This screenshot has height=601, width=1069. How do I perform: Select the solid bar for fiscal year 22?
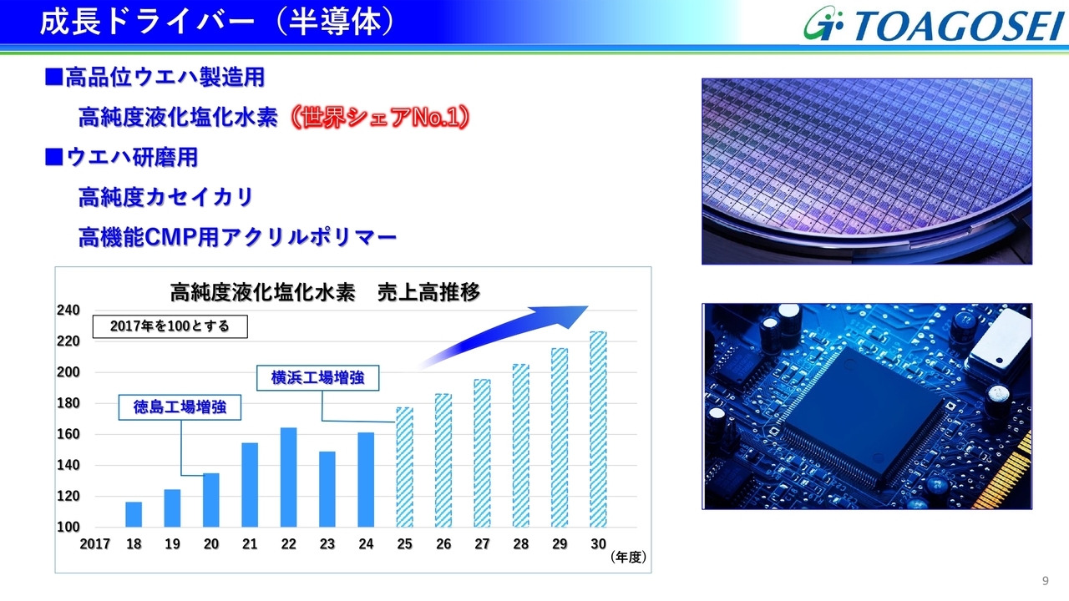click(x=288, y=477)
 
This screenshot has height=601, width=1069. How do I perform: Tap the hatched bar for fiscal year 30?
click(x=598, y=429)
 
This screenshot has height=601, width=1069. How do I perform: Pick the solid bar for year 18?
click(x=134, y=514)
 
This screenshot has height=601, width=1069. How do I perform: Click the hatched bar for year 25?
click(x=405, y=467)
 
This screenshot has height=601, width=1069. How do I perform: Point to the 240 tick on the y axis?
click(x=68, y=310)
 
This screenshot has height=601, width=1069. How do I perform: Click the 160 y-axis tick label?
click(x=68, y=434)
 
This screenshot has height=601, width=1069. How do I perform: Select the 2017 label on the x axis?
click(x=95, y=543)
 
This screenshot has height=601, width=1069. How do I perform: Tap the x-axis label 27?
click(x=482, y=543)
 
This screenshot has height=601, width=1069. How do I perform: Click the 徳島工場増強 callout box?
click(x=180, y=407)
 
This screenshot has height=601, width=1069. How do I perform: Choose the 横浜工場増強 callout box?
click(x=318, y=378)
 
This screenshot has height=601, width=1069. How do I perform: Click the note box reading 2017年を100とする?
click(x=170, y=326)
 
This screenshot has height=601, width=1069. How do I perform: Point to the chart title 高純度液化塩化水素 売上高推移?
click(x=325, y=292)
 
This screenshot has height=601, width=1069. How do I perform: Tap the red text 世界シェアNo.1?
click(x=380, y=118)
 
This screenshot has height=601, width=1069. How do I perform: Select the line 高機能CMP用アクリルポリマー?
click(x=238, y=237)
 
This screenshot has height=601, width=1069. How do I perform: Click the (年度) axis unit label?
click(x=628, y=557)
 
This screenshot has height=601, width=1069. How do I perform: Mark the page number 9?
click(x=1045, y=580)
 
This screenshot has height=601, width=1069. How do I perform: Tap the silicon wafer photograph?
click(x=867, y=171)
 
